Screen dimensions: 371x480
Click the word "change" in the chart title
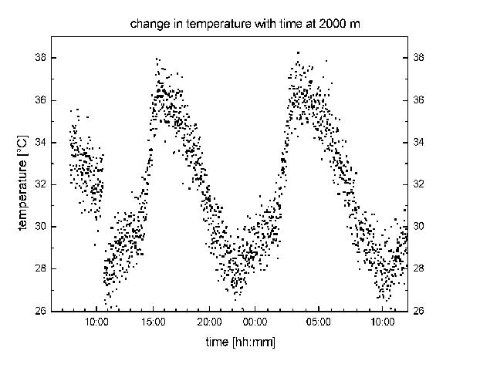147,25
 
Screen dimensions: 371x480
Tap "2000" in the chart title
326,25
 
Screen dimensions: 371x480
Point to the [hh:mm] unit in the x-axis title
254,342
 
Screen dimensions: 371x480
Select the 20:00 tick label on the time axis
209,322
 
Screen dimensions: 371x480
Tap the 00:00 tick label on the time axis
255,322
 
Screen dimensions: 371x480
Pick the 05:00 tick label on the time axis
318,322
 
